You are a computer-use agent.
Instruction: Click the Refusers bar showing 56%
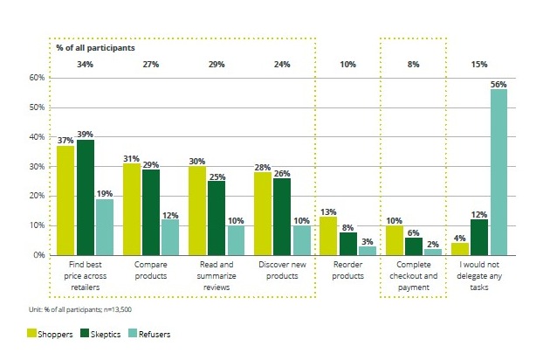coord(498,172)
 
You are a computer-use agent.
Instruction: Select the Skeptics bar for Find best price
coord(86,197)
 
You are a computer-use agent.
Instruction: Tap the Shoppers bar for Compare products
coord(132,210)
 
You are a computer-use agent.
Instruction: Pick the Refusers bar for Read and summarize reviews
coord(236,240)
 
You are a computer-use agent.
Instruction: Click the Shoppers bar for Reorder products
coord(328,236)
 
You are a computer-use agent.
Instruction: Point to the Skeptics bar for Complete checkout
coord(414,246)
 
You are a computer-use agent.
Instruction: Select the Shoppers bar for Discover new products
coord(263,213)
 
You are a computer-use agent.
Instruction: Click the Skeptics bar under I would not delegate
coord(479,238)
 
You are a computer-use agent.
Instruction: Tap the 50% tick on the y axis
coord(37,107)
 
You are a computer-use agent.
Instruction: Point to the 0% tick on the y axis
coord(39,255)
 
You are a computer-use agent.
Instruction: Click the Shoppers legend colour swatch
coord(31,333)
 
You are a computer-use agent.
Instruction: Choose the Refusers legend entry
coord(150,334)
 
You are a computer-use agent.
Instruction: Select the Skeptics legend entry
coord(100,334)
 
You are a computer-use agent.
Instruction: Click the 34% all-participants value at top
coord(86,65)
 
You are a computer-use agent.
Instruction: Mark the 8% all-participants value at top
coord(413,65)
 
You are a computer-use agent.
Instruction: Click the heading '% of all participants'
coord(95,48)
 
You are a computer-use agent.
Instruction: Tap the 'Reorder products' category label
coord(348,270)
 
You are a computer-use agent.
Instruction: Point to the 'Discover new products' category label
coord(282,270)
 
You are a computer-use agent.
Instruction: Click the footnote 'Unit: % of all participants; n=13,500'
coord(80,309)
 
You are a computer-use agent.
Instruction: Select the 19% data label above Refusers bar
coord(105,193)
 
